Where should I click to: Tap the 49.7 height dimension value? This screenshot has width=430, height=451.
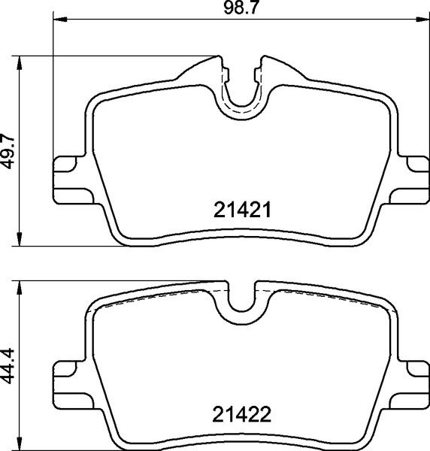pyautogui.click(x=8, y=151)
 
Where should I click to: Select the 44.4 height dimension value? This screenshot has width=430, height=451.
pyautogui.click(x=8, y=366)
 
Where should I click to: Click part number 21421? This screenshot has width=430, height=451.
pyautogui.click(x=243, y=210)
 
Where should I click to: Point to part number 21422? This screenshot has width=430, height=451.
pyautogui.click(x=242, y=415)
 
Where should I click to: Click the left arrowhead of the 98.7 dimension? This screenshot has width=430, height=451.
pyautogui.click(x=60, y=20)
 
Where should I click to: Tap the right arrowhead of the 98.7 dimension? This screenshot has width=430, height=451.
pyautogui.click(x=422, y=20)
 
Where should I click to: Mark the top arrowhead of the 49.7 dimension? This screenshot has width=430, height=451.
pyautogui.click(x=20, y=62)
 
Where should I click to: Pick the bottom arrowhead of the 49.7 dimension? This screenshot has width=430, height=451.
pyautogui.click(x=20, y=239)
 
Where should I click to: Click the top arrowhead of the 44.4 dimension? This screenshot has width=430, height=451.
pyautogui.click(x=20, y=288)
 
